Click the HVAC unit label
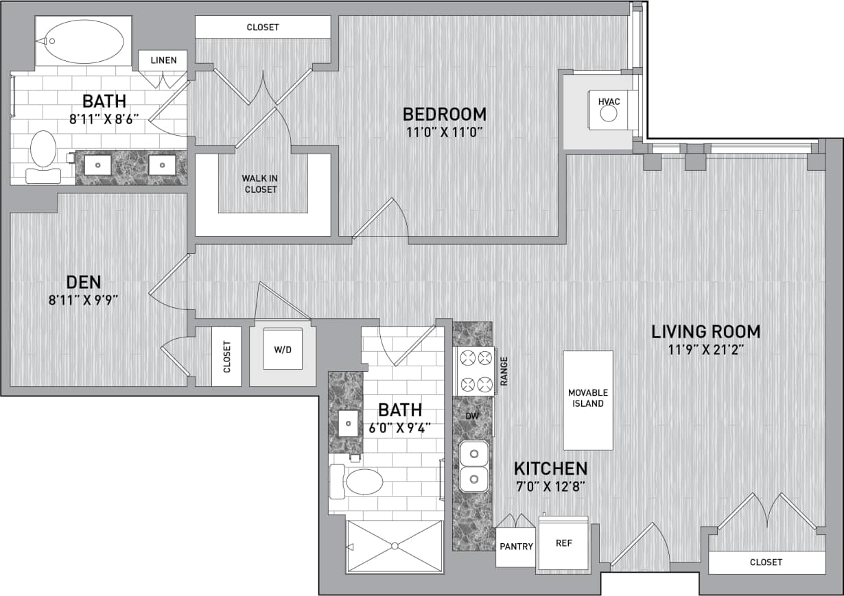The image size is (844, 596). [x=609, y=102]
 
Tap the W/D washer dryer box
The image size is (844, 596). [x=283, y=350]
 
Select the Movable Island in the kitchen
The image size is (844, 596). [x=588, y=399]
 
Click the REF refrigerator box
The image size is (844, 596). [x=563, y=543]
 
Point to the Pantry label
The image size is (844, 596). [x=515, y=547]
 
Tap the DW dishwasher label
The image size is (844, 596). [x=472, y=416]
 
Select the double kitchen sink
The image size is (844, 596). [x=474, y=466]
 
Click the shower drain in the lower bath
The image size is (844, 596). [x=395, y=546]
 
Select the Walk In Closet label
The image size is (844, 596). [x=261, y=183]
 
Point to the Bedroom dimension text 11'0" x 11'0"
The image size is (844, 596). [x=444, y=132]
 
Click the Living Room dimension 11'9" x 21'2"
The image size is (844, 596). [x=705, y=349]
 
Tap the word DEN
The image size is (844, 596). [x=84, y=281]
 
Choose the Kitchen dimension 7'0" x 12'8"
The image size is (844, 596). [x=550, y=488]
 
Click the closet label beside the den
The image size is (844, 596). [x=226, y=357]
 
